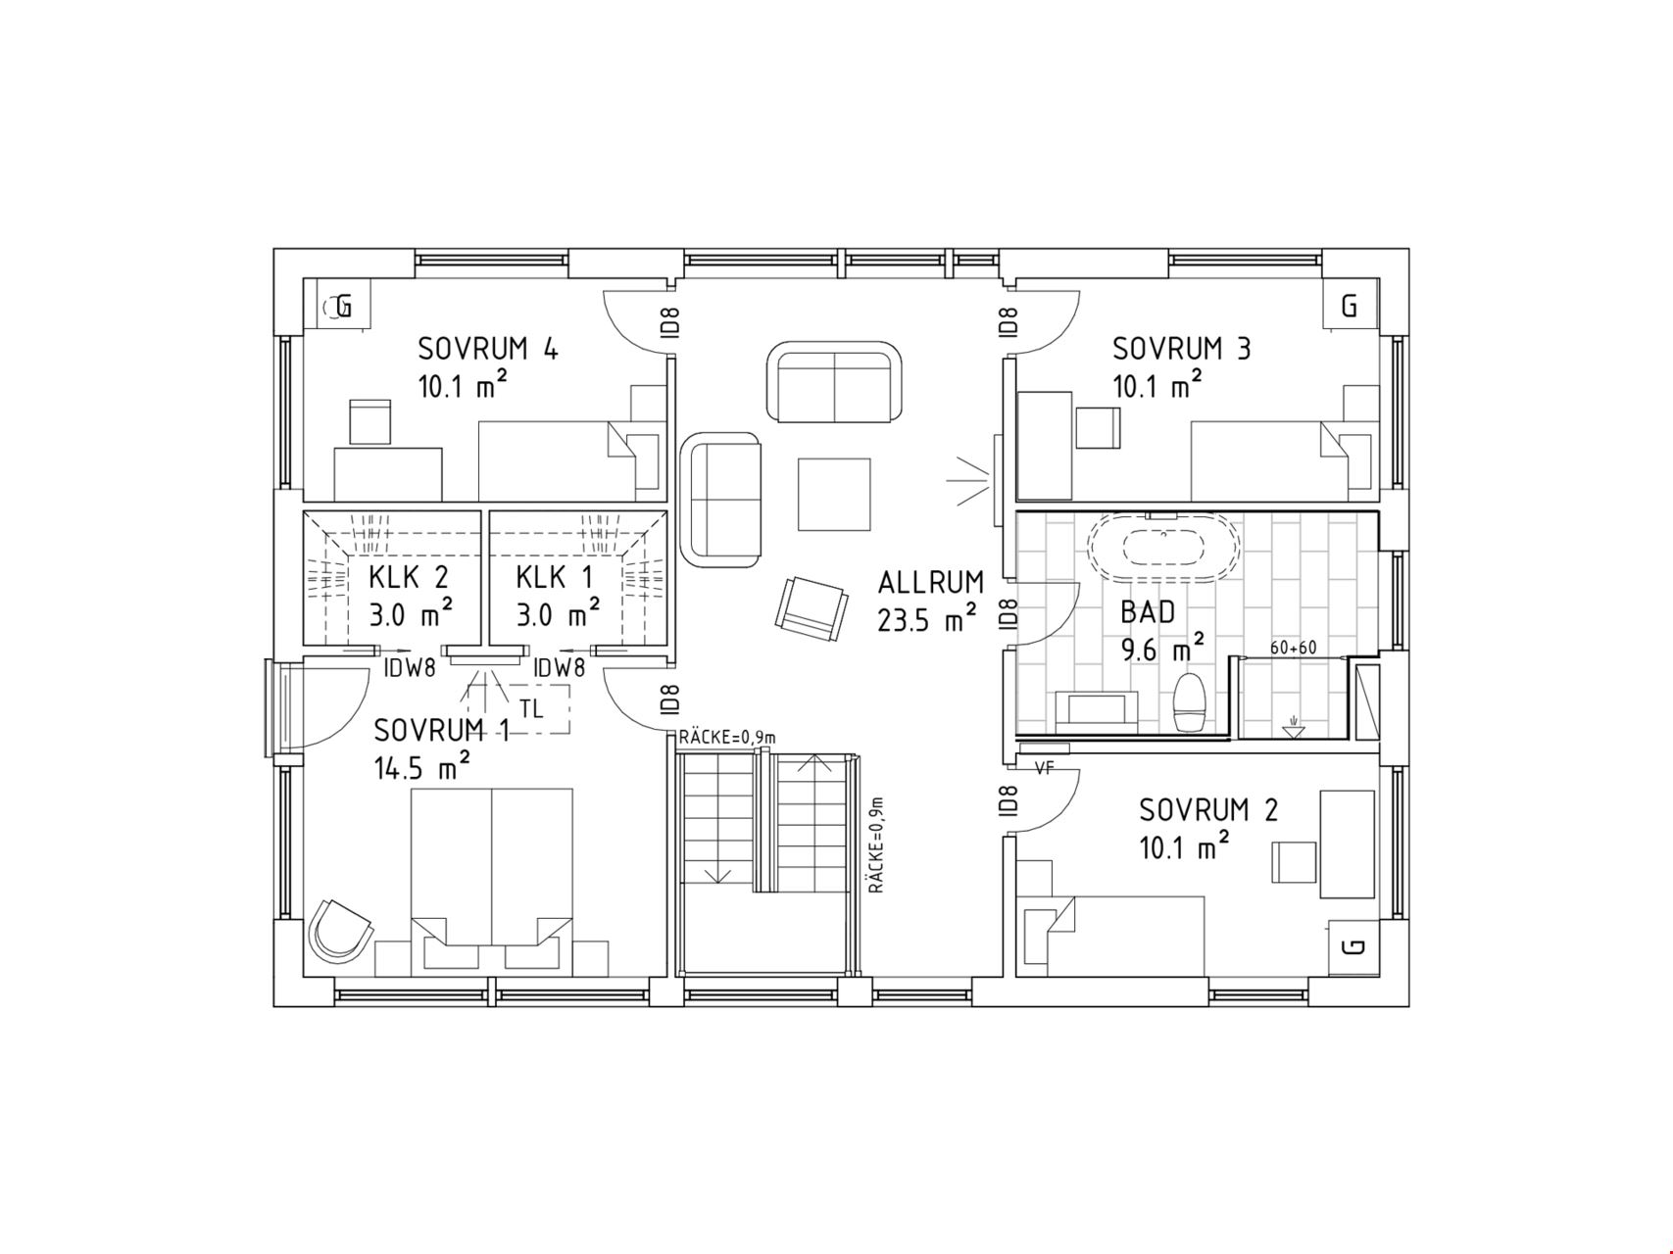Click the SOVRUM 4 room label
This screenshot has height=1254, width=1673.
coord(488,349)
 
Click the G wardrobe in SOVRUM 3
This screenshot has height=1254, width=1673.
coord(1350,306)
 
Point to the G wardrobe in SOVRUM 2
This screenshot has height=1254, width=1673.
coord(1353,947)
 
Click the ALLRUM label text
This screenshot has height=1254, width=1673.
coord(930,583)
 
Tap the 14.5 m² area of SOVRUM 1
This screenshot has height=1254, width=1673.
coord(421,766)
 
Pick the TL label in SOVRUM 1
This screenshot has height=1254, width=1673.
coord(530,708)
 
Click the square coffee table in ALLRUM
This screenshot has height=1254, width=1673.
coord(834,495)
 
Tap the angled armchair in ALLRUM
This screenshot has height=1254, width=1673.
coord(812,608)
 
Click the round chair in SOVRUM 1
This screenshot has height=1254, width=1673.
coord(339,928)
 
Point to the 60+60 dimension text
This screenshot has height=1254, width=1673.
coord(1293,648)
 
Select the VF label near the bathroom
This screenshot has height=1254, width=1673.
coord(1044,769)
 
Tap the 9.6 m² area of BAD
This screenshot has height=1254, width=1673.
coord(1163,648)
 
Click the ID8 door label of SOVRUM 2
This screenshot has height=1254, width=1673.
coord(1008,801)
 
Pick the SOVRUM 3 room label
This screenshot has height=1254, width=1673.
coord(1181,349)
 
